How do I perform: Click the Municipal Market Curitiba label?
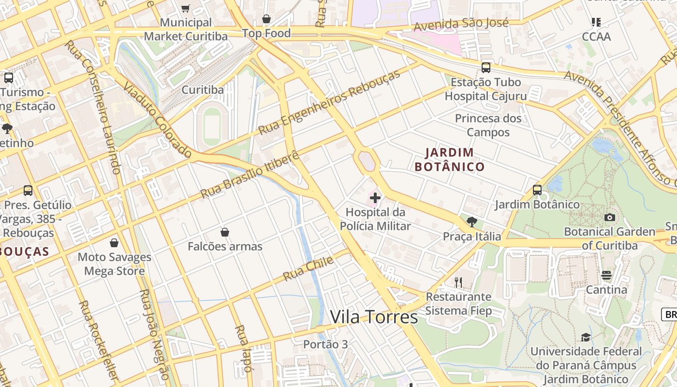186,30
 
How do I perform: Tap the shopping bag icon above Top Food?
266,19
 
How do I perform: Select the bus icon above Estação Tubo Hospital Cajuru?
486,68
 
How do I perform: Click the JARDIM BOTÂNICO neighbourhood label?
450,160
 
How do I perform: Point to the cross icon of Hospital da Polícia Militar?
375,197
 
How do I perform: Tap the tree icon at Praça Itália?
472,222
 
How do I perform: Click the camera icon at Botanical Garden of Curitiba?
610,218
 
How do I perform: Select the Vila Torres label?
374,317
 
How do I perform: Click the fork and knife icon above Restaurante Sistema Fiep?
458,282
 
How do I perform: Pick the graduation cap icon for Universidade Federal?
586,337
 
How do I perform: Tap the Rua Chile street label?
308,269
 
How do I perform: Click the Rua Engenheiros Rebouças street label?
329,103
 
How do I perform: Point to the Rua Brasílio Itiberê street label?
250,176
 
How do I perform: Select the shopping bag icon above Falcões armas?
225,233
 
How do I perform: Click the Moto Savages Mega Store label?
114,264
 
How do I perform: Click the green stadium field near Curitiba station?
212,125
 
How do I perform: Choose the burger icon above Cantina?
606,276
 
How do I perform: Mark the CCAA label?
596,37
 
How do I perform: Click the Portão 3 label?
325,344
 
